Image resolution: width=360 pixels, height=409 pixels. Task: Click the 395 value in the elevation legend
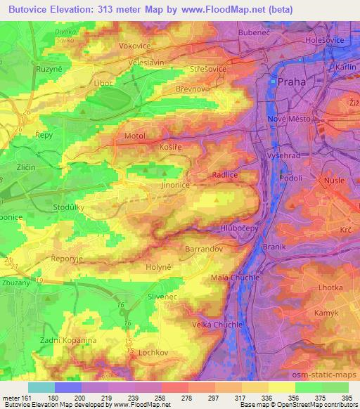click(345, 397)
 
